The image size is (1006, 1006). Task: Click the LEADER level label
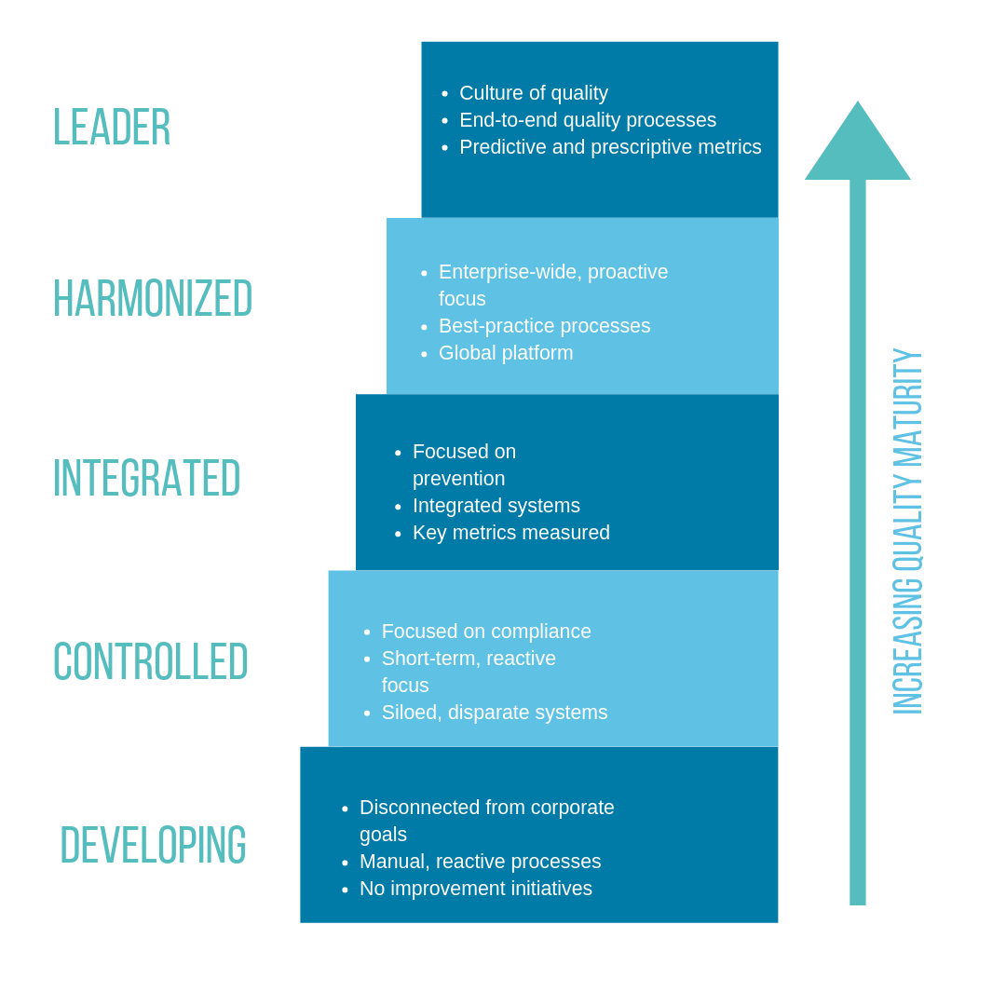[x=111, y=128]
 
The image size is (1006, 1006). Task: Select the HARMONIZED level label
[x=152, y=299]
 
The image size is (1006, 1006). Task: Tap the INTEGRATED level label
[x=146, y=479]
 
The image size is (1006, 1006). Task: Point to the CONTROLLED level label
[x=150, y=662]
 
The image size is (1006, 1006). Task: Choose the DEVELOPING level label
[x=153, y=846]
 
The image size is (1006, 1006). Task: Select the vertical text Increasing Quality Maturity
[x=907, y=531]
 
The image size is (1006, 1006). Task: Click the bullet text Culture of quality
[x=533, y=93]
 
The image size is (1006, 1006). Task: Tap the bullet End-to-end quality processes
[x=587, y=120]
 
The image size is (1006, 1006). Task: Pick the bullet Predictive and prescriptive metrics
[x=609, y=147]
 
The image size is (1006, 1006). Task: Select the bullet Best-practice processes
[x=544, y=326]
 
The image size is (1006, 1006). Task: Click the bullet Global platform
[x=505, y=353]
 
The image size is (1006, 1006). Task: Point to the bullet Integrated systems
[x=496, y=506]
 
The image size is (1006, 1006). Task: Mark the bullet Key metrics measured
[x=510, y=533]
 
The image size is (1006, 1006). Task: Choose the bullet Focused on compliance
[x=485, y=632]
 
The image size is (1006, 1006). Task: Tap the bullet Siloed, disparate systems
[x=494, y=713]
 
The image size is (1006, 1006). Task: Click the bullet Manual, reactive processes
[x=480, y=862]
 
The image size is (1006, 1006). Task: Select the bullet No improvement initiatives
[x=475, y=889]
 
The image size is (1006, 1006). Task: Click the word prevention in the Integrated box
[x=458, y=479]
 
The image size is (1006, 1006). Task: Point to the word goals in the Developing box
[x=383, y=835]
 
